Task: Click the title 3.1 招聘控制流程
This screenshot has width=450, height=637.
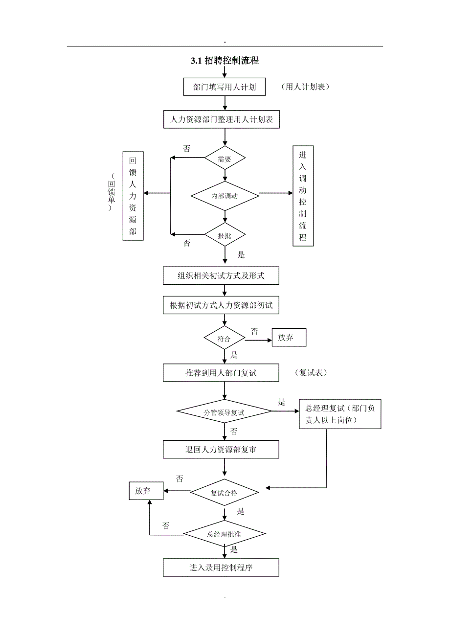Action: point(225,61)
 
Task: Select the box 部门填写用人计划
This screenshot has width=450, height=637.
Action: point(225,88)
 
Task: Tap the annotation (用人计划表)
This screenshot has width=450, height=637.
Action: point(305,87)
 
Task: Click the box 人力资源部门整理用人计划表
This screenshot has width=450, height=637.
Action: point(221,119)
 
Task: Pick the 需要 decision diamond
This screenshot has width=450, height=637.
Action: point(225,158)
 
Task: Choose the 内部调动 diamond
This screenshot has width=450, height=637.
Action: point(225,196)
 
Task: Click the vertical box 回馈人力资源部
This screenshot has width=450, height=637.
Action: point(133,196)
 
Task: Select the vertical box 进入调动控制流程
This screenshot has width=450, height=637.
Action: point(303,196)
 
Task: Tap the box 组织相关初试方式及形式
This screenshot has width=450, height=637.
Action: point(221,275)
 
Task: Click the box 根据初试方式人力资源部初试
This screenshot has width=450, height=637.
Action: point(221,305)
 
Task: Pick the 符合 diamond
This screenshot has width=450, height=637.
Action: point(225,338)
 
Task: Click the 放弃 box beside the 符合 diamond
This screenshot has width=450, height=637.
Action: point(289,338)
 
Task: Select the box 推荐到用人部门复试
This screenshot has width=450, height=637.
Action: point(221,373)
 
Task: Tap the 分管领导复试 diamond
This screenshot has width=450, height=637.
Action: point(225,412)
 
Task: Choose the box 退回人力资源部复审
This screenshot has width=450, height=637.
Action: point(221,450)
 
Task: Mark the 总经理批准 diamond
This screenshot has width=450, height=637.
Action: point(225,534)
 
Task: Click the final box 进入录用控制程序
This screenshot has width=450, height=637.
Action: point(221,568)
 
